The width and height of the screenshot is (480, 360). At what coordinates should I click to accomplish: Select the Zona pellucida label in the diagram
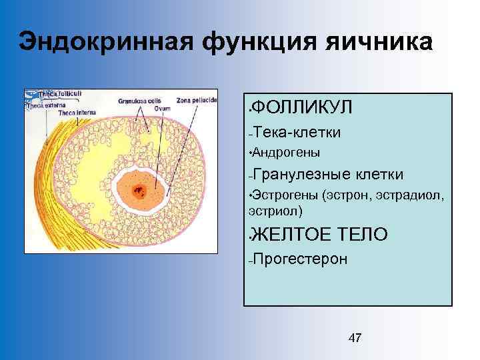(197, 100)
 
